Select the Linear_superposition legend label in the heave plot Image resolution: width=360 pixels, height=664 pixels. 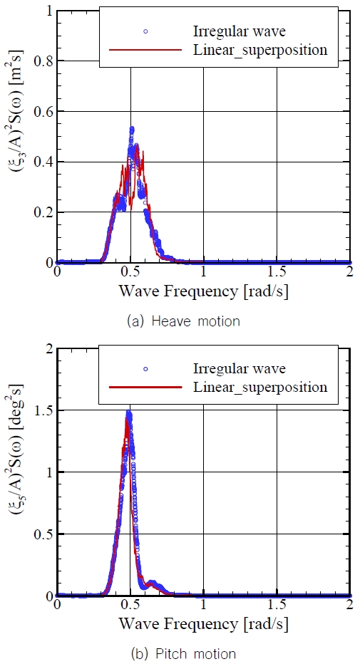260,49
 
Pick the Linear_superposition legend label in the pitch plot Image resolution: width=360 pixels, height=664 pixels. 260,387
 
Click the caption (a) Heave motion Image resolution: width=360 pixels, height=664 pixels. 182,321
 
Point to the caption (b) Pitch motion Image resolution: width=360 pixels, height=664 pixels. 180,653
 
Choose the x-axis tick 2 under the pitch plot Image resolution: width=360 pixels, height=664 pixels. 350,606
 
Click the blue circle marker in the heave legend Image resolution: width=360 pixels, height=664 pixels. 144,31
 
